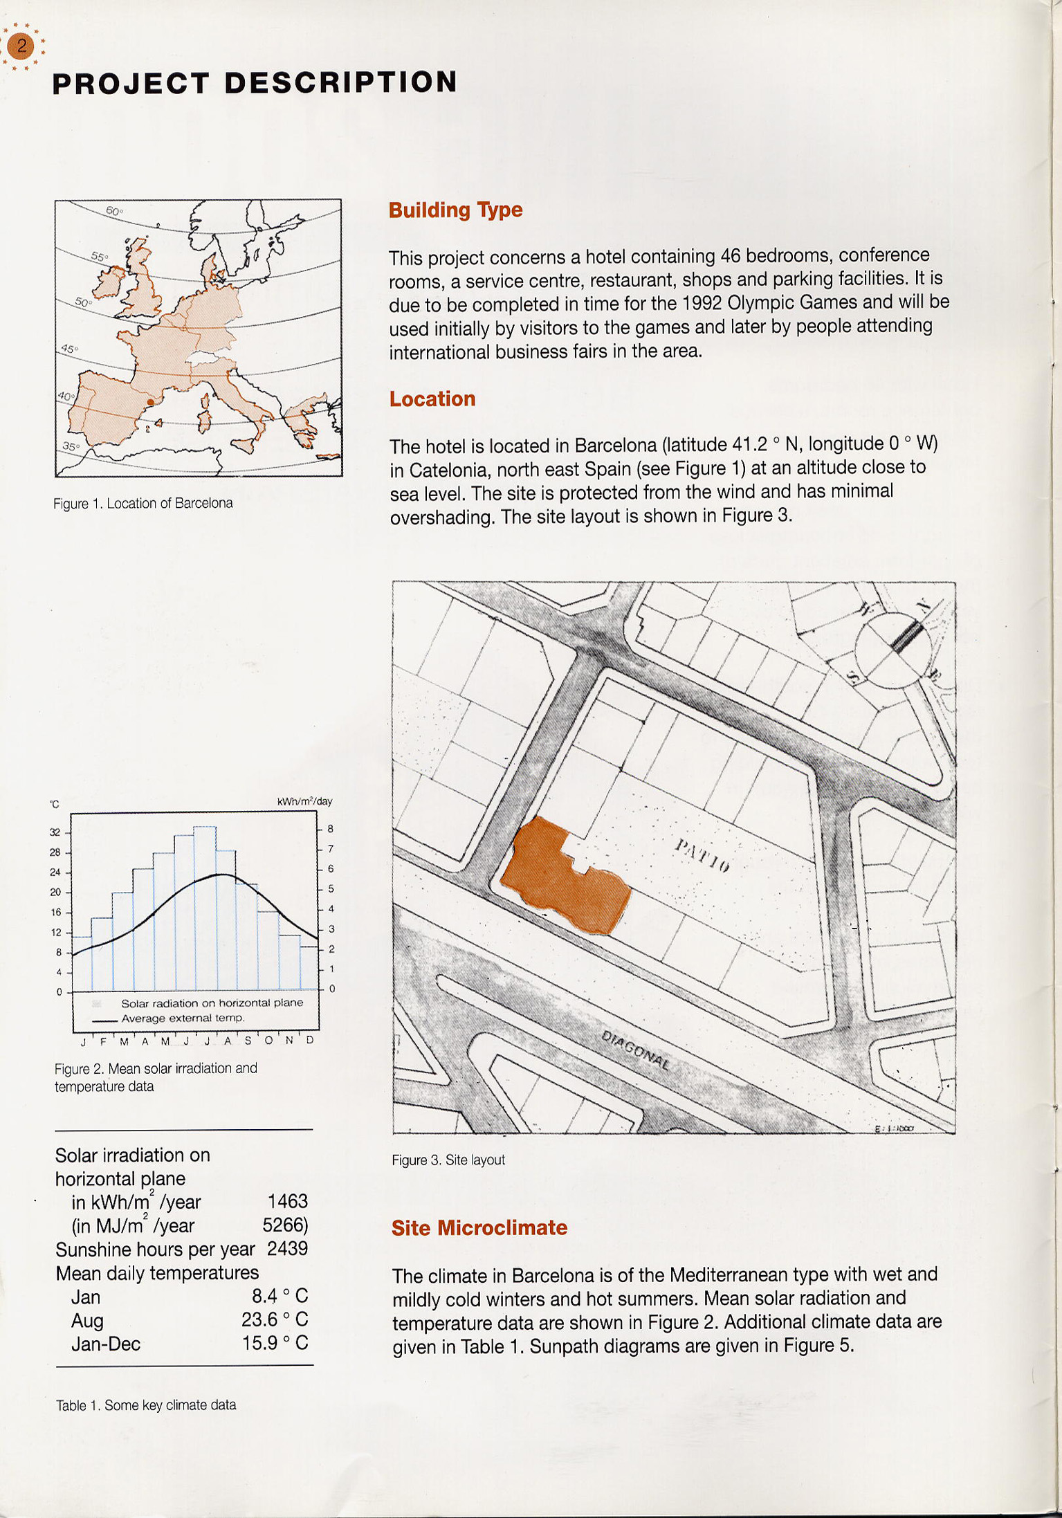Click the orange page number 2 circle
(21, 46)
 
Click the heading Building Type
(455, 210)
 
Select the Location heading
(432, 399)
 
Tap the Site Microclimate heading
(479, 1227)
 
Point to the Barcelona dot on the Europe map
(151, 401)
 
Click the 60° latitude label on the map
(114, 210)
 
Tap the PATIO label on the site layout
(702, 855)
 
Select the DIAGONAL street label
(635, 1050)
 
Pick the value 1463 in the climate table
(287, 1201)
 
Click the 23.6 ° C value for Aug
(275, 1319)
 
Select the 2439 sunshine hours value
(287, 1248)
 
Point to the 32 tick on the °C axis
(55, 832)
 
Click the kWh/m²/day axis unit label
(304, 801)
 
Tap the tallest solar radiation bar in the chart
(205, 908)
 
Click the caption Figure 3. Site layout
(448, 1160)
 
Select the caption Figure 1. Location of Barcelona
(143, 503)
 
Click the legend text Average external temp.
(183, 1018)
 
